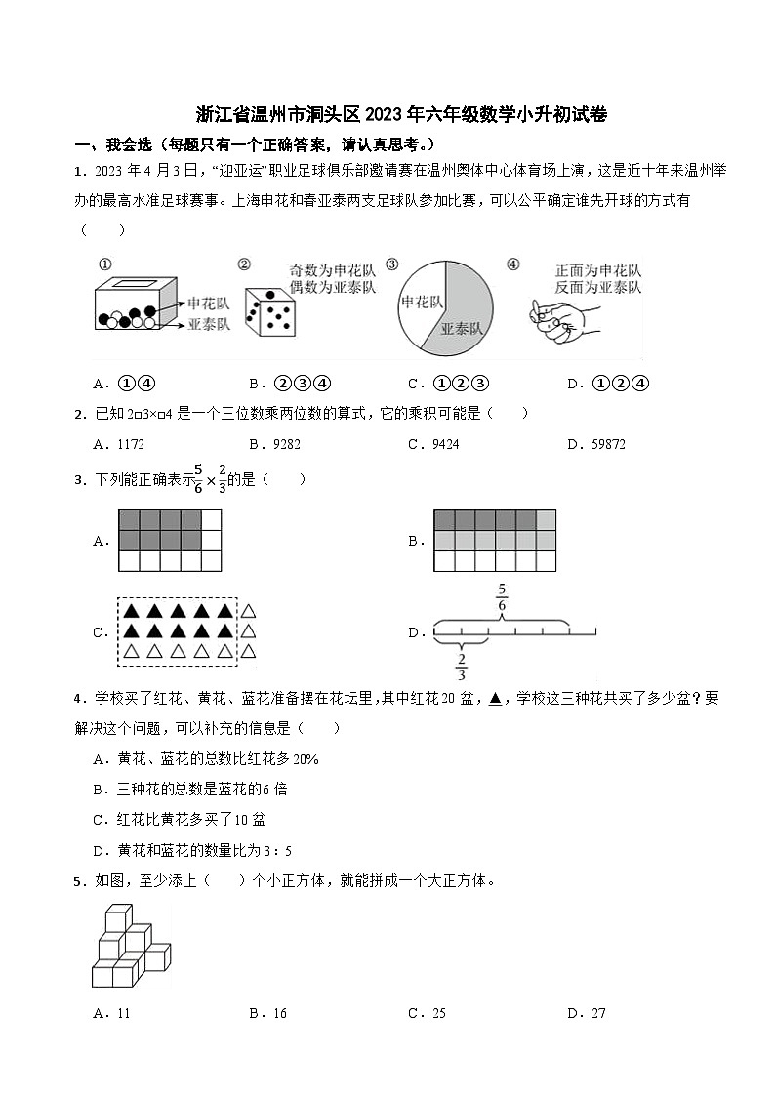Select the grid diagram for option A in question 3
click(x=170, y=541)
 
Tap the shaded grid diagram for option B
click(x=494, y=541)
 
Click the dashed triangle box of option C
click(x=179, y=631)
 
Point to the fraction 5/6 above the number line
click(x=502, y=597)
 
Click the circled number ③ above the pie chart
click(x=391, y=264)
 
